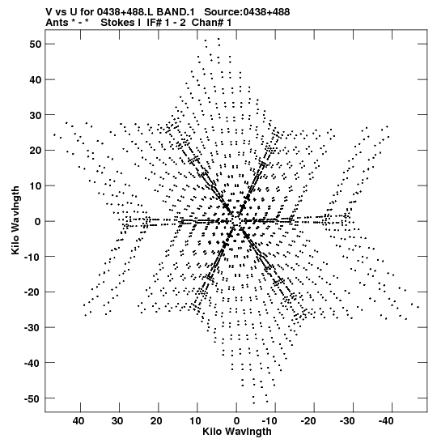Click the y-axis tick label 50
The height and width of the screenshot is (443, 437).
pos(36,45)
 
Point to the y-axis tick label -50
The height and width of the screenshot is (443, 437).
pos(33,398)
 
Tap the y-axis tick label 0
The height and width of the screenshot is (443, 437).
pos(38,222)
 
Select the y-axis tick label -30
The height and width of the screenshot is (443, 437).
pos(33,328)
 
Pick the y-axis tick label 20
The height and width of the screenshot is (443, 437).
pos(36,151)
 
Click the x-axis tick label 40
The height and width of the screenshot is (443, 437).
pos(78,421)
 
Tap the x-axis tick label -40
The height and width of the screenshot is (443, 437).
pos(386,421)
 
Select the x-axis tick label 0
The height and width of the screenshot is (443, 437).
pos(236,421)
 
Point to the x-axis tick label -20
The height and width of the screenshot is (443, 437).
pos(308,421)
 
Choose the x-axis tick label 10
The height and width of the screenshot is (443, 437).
pos(195,421)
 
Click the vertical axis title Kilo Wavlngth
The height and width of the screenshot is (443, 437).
pos(15,220)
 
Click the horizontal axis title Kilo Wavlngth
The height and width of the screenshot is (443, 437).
pos(237,432)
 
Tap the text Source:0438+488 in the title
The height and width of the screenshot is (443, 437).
pos(247,12)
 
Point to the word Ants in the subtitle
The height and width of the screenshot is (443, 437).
pos(57,23)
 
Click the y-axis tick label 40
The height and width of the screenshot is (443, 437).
pos(36,80)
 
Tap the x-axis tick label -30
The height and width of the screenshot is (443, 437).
pos(346,421)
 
